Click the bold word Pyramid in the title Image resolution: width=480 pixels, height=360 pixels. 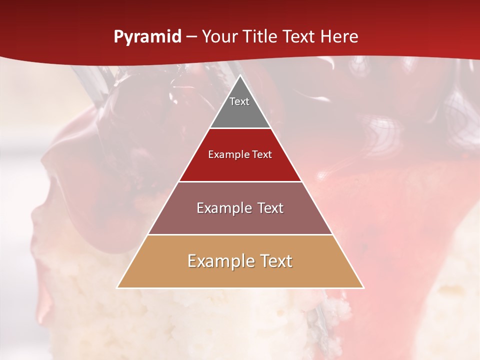click(x=147, y=37)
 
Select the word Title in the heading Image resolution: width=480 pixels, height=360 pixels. click(x=260, y=37)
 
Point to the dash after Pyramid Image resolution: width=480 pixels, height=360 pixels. click(x=191, y=37)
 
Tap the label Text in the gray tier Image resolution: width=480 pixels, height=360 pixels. click(x=239, y=101)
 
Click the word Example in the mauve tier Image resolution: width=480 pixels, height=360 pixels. click(x=223, y=208)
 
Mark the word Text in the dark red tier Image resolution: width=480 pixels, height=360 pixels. click(x=261, y=154)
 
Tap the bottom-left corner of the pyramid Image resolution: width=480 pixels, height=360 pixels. click(x=117, y=287)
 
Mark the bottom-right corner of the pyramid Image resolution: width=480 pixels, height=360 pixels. click(x=363, y=287)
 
